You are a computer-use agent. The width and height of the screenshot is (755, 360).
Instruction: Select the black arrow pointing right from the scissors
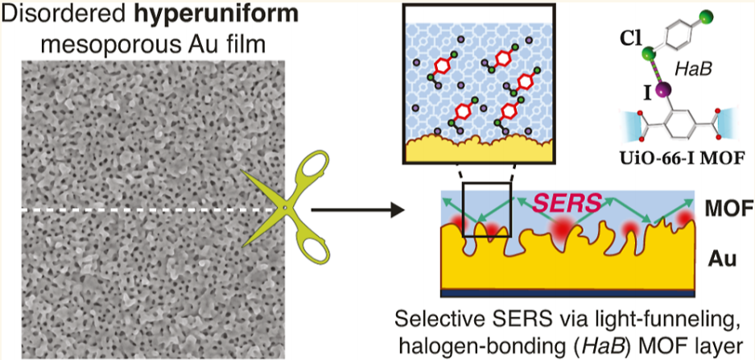[x=355, y=213]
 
